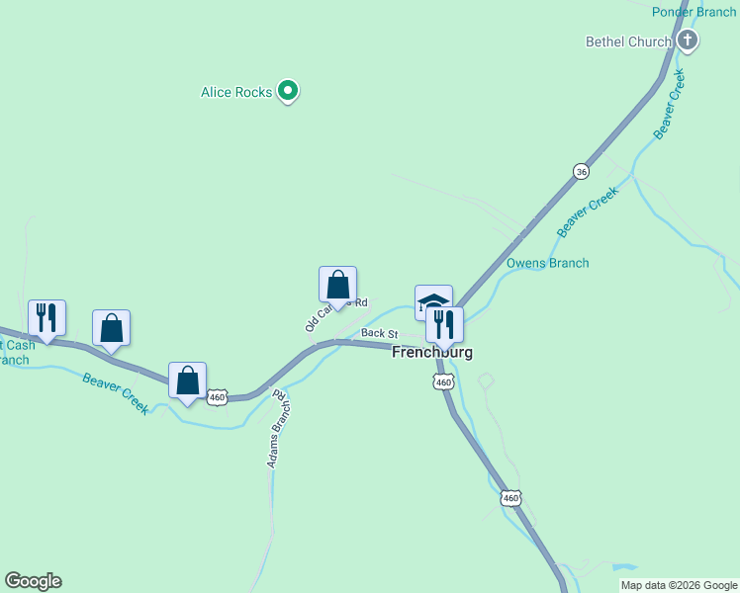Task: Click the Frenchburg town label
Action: (432, 352)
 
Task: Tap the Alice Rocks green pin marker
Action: (288, 92)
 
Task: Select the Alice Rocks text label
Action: (236, 92)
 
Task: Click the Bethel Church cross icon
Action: (688, 41)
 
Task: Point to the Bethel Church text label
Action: (628, 42)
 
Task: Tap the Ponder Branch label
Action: (694, 12)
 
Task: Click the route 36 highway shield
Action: (581, 171)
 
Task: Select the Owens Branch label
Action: (547, 263)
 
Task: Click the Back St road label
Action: (378, 333)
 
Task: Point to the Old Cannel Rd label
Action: (336, 313)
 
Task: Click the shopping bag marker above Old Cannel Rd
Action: (337, 285)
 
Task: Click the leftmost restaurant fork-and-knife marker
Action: (46, 317)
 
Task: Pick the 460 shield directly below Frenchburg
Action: (443, 381)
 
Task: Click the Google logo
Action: (33, 581)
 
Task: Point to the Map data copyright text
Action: (679, 585)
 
